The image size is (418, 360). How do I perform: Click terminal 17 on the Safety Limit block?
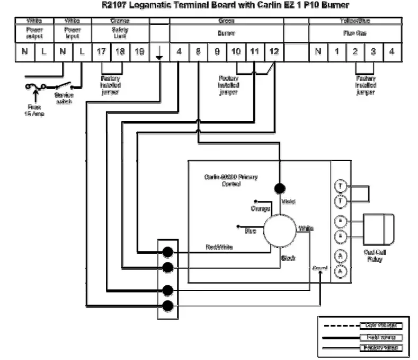tap(102, 52)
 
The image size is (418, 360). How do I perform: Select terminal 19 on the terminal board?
tap(140, 52)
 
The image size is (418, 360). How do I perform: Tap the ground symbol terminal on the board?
tap(159, 52)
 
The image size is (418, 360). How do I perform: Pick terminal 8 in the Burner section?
tap(198, 52)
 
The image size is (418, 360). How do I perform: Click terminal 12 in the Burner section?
tap(273, 52)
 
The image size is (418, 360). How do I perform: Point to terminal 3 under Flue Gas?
tap(373, 52)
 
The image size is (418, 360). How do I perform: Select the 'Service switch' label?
tap(64, 98)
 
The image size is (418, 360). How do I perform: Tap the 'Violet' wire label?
tap(289, 202)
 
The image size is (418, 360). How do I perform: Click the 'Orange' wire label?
tap(260, 209)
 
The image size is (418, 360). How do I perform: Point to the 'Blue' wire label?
tap(250, 231)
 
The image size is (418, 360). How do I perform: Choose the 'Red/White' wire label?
tap(219, 248)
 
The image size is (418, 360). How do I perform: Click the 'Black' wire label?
tap(288, 258)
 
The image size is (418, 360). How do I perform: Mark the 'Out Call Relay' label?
tap(375, 256)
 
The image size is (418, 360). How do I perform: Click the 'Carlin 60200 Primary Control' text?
tap(230, 180)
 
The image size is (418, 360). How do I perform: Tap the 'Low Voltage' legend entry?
tap(381, 325)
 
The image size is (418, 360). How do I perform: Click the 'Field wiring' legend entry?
tap(381, 337)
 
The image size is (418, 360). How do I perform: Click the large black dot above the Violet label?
tap(279, 188)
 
